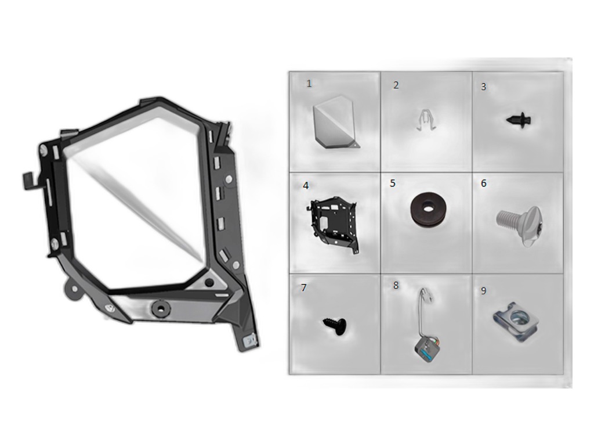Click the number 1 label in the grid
click(x=309, y=84)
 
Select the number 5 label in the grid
click(x=393, y=184)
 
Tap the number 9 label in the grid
click(x=483, y=291)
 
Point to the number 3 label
click(x=483, y=87)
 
